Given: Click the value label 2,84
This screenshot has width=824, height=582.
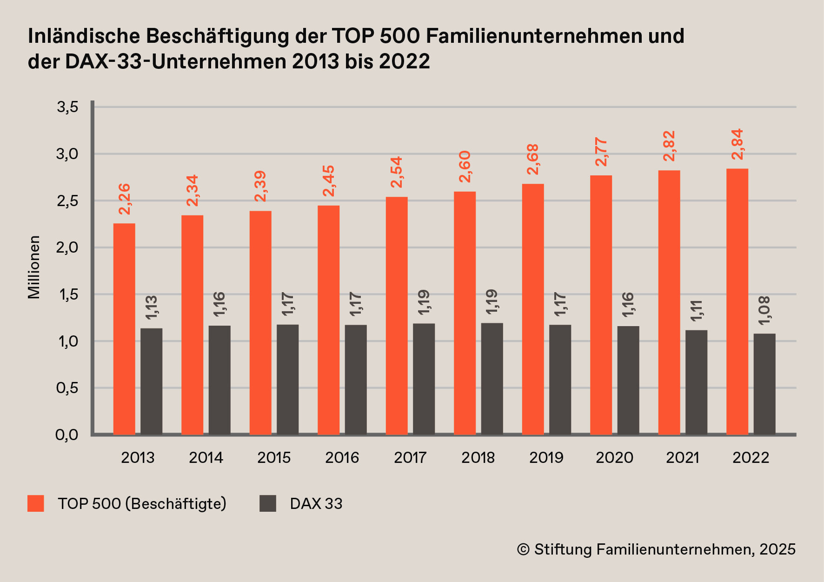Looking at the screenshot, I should tap(737, 144).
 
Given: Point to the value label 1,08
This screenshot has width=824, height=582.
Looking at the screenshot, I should tap(764, 310).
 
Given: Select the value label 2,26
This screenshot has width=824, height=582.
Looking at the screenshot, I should tap(125, 199).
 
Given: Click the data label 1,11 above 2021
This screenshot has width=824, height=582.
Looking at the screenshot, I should tap(696, 310).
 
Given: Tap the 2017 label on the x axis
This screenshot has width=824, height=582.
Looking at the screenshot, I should tap(410, 458).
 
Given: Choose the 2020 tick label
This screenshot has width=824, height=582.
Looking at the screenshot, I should tap(614, 458).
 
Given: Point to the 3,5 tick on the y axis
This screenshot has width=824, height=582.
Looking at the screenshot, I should tap(67, 107).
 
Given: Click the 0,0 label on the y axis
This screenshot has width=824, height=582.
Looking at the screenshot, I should tap(67, 435).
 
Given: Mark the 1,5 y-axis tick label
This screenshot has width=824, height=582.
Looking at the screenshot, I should tap(67, 294).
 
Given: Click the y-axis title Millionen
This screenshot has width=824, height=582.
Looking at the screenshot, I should tap(34, 267).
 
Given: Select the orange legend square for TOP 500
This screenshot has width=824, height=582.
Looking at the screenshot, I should tap(36, 503).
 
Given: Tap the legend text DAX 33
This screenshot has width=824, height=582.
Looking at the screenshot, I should tap(316, 503).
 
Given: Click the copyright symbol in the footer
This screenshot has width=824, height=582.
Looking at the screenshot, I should tap(523, 549).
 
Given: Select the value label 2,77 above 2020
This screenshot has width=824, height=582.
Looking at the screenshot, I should tap(601, 152).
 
